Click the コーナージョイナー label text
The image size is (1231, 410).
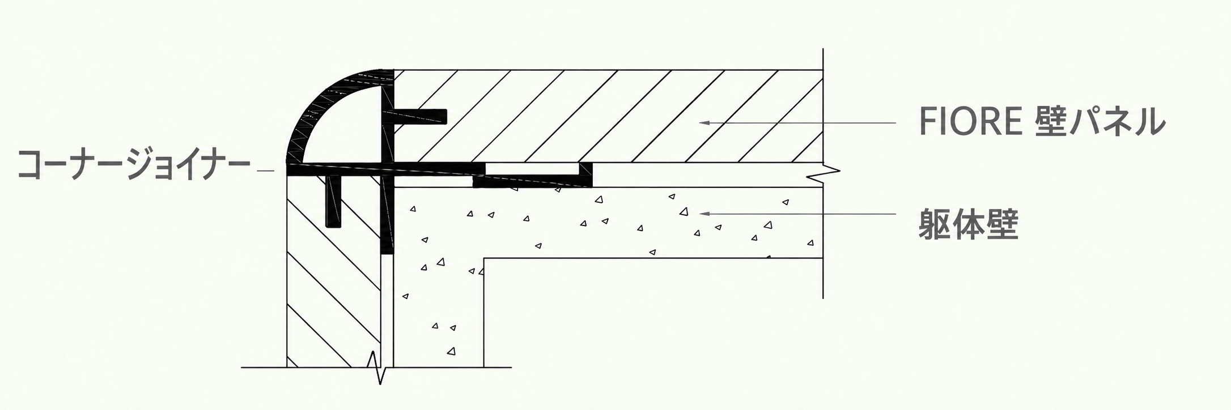(134, 165)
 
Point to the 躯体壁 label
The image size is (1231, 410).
(969, 224)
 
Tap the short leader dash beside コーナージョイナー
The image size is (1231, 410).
(265, 170)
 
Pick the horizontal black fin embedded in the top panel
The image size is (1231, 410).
(419, 117)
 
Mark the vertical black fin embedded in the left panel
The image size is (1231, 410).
(334, 201)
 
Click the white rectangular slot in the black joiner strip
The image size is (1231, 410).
(533, 169)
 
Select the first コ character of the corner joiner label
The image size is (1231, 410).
(32, 166)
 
